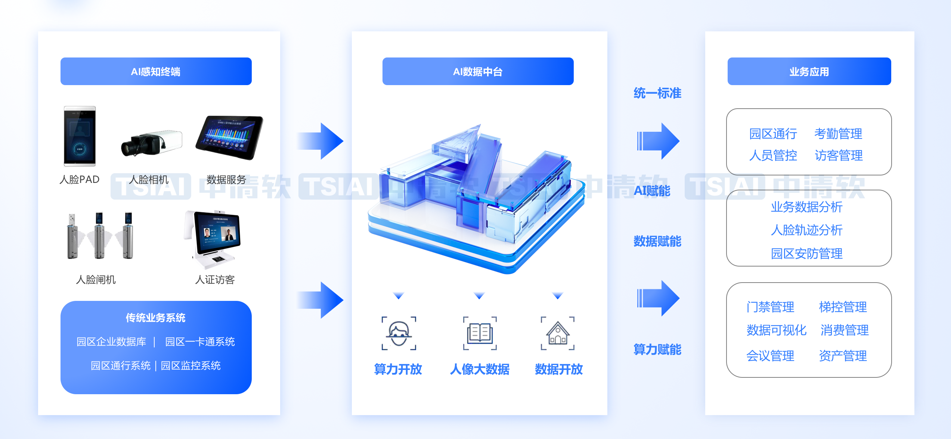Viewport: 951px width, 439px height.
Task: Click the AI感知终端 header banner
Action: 156,71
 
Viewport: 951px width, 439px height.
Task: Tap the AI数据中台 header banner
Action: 478,71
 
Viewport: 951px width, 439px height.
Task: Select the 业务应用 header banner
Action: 809,71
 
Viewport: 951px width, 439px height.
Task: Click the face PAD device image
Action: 80,136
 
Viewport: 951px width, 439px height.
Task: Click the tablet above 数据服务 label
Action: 229,137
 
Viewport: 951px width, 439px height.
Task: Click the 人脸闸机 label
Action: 96,280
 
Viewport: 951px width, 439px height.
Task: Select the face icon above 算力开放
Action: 399,333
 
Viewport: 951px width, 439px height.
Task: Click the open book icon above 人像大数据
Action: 480,333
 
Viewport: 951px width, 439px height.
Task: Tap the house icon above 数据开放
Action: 558,333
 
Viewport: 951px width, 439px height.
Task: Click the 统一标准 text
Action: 657,93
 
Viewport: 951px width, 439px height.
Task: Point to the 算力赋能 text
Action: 657,349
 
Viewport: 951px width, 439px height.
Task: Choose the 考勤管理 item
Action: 838,134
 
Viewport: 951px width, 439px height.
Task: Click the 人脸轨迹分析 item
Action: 807,230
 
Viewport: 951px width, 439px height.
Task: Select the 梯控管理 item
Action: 843,307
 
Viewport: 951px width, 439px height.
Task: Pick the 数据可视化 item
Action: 776,330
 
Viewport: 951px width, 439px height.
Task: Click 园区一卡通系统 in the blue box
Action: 200,342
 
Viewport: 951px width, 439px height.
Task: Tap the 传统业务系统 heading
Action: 156,318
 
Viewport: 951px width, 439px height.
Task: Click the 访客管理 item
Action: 839,155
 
